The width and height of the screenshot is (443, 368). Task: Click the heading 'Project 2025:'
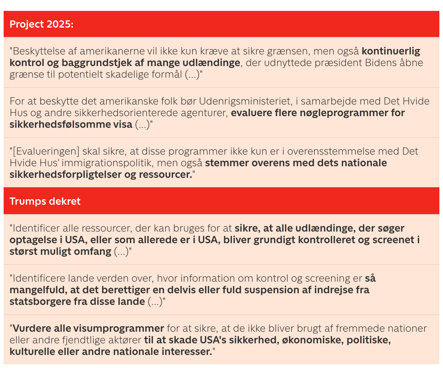[x=41, y=24]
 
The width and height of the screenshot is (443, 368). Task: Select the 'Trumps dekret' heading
[x=45, y=201]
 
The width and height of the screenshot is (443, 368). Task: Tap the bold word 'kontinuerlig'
[x=391, y=51]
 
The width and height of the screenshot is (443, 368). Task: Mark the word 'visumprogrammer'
[x=119, y=328]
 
